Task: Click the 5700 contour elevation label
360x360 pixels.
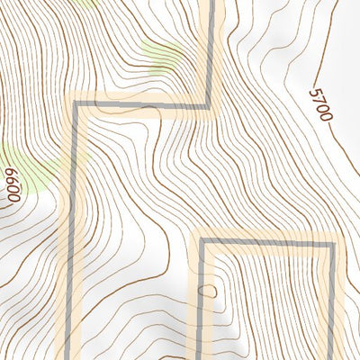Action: tap(320, 104)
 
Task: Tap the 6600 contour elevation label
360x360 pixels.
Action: tap(13, 187)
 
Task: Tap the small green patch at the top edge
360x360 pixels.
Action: tap(85, 3)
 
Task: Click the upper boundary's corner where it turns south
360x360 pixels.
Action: tap(76, 104)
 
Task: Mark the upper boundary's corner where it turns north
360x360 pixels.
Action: tap(213, 104)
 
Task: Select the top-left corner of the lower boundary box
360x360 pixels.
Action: tap(202, 241)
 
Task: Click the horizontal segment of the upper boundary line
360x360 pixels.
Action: tap(144, 104)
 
